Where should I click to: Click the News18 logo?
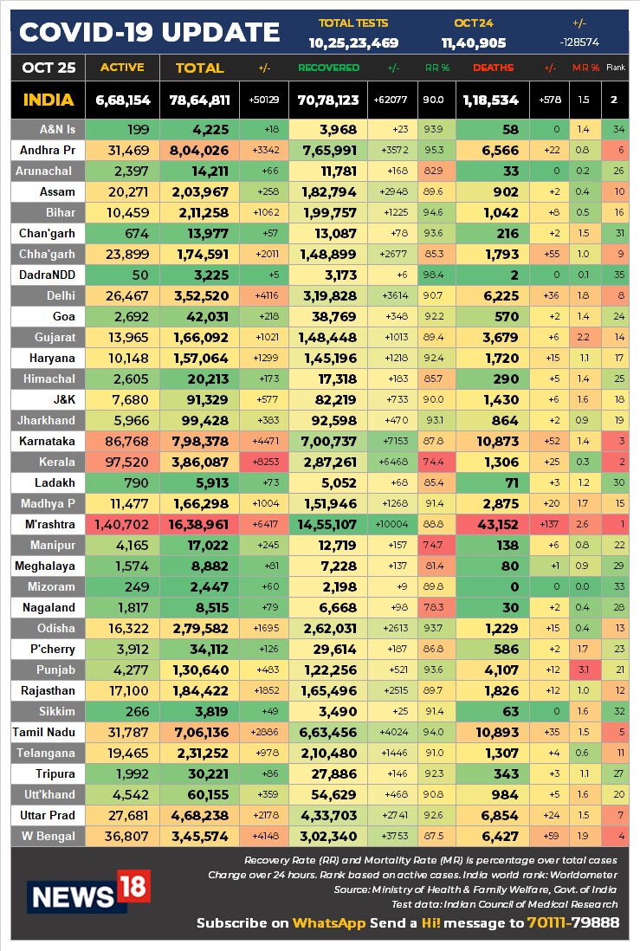pos(88,891)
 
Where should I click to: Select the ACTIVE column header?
pos(122,68)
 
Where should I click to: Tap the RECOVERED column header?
pos(329,68)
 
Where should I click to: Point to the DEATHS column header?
pos(493,68)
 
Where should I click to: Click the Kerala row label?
pos(57,463)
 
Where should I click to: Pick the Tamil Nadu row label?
pos(43,732)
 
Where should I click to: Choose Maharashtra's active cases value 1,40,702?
pos(121,525)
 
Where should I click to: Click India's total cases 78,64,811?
pos(199,100)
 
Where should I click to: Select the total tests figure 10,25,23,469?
pos(353,43)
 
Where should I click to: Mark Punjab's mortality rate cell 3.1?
pos(583,670)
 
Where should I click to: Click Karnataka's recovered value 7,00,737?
pos(329,442)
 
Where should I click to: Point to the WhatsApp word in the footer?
pos(329,923)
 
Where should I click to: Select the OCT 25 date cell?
pos(48,68)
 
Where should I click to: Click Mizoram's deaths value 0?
pos(514,587)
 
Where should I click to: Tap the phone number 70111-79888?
pos(573,923)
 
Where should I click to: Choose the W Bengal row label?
pos(48,837)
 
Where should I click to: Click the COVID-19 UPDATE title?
pos(149,32)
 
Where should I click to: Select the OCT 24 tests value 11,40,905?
pos(474,43)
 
